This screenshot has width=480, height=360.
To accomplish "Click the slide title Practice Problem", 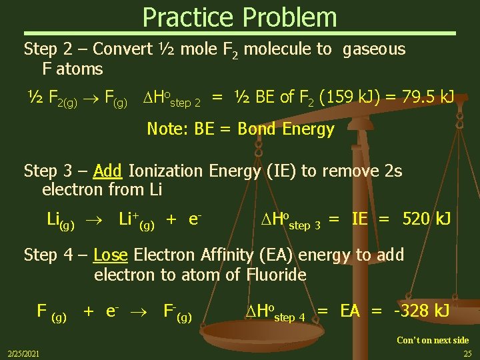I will pyautogui.click(x=239, y=17).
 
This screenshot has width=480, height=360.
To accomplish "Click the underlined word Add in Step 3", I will pyautogui.click(x=107, y=171).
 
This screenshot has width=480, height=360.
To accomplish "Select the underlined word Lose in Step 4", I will pyautogui.click(x=110, y=255).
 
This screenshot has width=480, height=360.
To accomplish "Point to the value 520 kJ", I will pyautogui.click(x=427, y=219).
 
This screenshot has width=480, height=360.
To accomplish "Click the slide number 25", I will pyautogui.click(x=467, y=353).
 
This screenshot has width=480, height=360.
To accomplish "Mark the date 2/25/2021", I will pyautogui.click(x=23, y=353).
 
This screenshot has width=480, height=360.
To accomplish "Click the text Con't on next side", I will pyautogui.click(x=433, y=340).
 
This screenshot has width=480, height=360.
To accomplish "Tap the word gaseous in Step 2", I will pyautogui.click(x=373, y=49).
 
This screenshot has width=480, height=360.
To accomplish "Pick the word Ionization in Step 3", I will pyautogui.click(x=167, y=171).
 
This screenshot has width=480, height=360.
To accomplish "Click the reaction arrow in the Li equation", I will pyautogui.click(x=95, y=219).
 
